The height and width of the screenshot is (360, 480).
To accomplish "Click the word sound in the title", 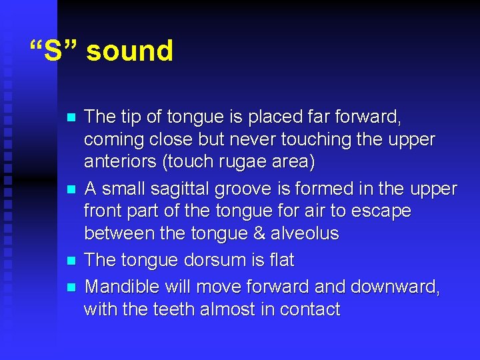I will point(129,51).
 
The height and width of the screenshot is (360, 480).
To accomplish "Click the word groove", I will point(255,190).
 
